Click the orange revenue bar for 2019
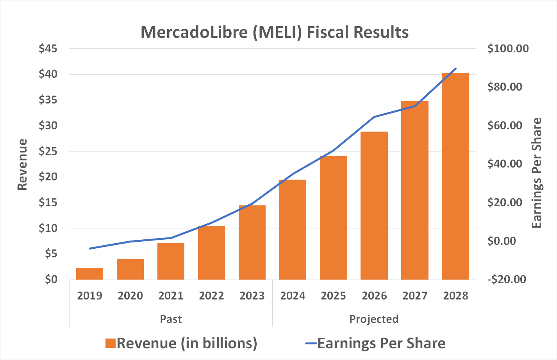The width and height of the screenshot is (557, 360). click(x=89, y=274)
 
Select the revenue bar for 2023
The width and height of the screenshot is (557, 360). click(x=252, y=242)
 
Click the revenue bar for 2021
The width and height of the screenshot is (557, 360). click(x=171, y=261)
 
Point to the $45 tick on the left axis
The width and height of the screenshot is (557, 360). click(x=48, y=49)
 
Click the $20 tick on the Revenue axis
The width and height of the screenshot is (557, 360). click(x=48, y=177)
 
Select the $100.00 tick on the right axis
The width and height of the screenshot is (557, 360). click(x=508, y=49)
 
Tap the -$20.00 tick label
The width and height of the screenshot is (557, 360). click(x=507, y=280)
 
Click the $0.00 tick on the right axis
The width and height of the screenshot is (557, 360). click(x=508, y=241)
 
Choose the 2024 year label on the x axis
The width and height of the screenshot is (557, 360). click(x=293, y=296)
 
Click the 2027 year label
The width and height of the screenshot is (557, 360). click(x=415, y=296)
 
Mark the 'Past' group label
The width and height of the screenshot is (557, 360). click(x=171, y=319)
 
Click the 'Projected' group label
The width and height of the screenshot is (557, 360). click(x=374, y=319)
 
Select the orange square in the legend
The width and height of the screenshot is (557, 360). click(x=111, y=343)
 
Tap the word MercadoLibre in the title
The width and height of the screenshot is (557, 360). click(x=194, y=32)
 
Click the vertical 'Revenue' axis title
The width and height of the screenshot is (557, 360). click(x=23, y=164)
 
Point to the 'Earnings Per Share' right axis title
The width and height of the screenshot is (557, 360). click(x=537, y=173)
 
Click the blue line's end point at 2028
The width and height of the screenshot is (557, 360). click(x=455, y=69)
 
